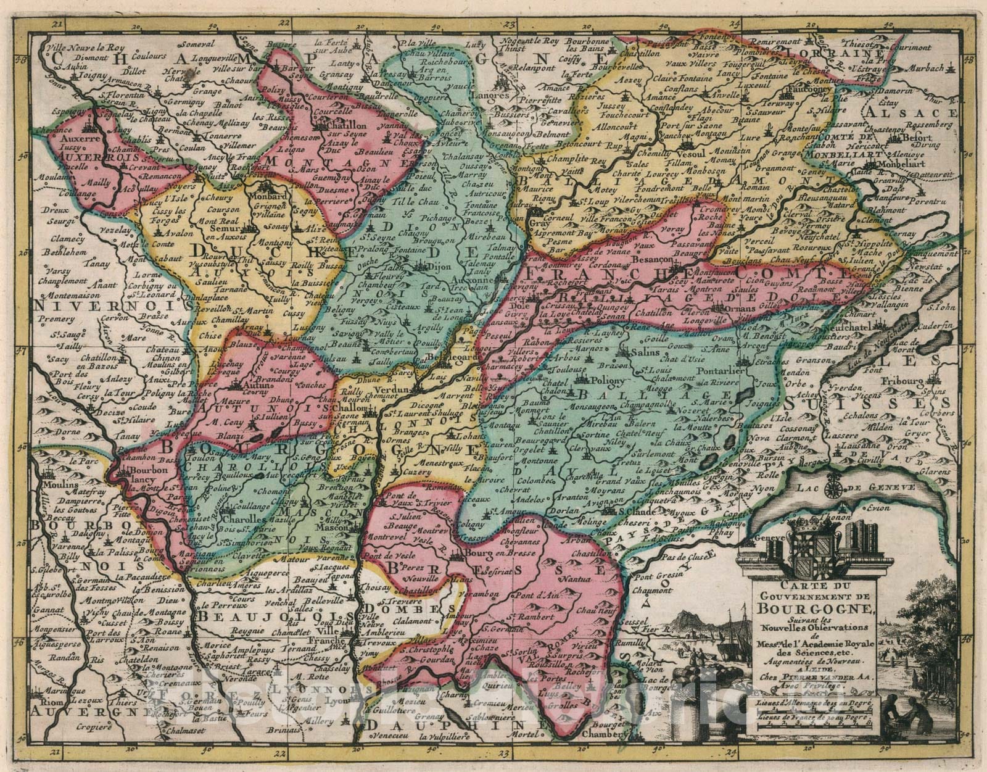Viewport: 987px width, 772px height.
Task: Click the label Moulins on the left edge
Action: (53, 484)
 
